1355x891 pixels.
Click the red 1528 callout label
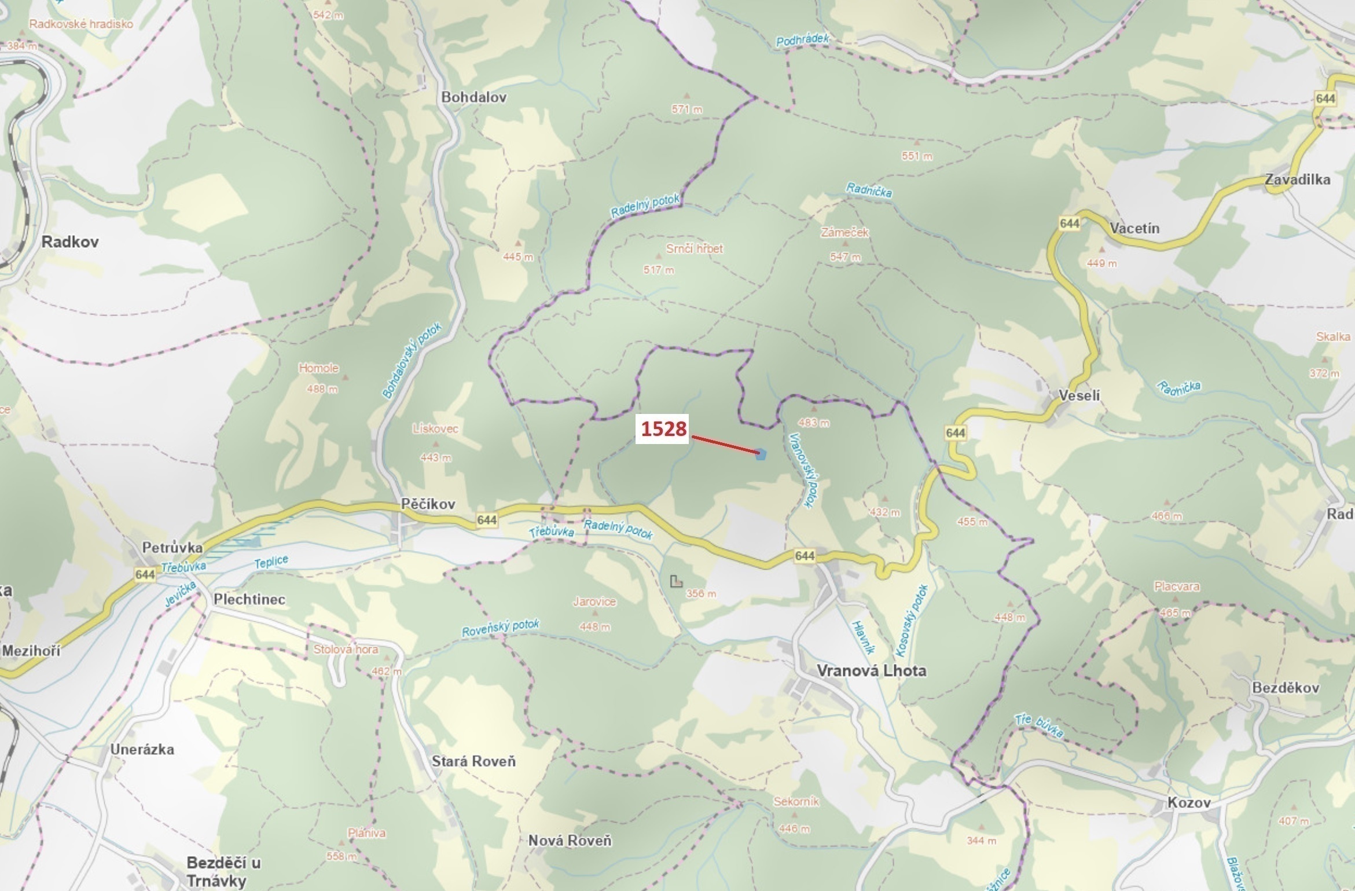coord(663,429)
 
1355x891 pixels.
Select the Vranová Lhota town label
coord(871,670)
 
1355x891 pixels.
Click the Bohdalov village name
coord(473,97)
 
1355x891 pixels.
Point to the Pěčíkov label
coord(428,504)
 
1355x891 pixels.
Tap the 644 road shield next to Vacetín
coord(1069,223)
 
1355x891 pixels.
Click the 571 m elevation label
coord(686,109)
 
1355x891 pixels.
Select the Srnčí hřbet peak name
coord(694,249)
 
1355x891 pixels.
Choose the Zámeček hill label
coord(844,233)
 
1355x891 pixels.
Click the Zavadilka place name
coord(1297,179)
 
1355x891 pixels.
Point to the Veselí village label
coord(1079,395)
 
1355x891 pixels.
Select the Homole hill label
coord(318,368)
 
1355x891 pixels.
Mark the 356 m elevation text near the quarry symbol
coord(700,593)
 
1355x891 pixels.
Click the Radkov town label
coord(70,242)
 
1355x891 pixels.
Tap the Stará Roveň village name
coord(473,761)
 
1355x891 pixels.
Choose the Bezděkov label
coord(1285,688)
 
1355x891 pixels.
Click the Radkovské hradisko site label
coord(81,24)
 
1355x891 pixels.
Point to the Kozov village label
coord(1189,802)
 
